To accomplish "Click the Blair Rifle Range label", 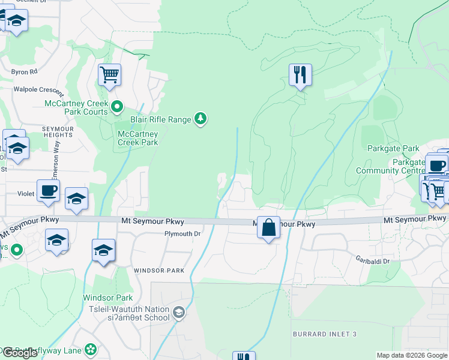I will [160, 119].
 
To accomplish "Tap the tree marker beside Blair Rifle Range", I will [201, 119].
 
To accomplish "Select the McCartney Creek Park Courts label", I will [76, 107].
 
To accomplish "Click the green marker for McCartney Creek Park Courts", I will [118, 107].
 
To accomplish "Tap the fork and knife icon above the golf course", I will [300, 76].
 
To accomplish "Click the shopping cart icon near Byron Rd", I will [109, 76].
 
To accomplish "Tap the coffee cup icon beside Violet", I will [49, 191].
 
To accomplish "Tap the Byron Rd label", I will [24, 71].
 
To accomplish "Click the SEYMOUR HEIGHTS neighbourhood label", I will [57, 131].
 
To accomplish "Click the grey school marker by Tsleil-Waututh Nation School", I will [178, 312].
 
